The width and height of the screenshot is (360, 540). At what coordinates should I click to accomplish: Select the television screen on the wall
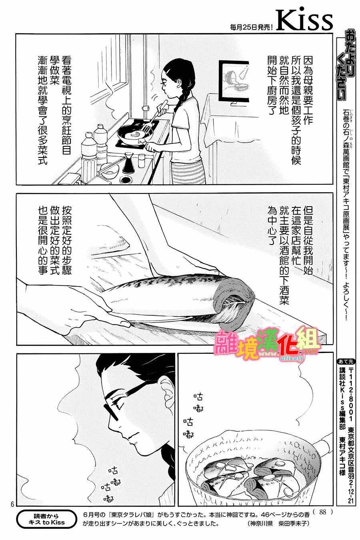pos(234,78)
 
